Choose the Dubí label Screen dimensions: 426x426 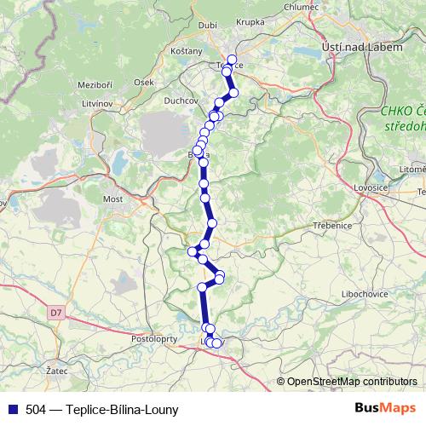pyautogui.click(x=207, y=26)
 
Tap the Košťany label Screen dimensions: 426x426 pyautogui.click(x=187, y=52)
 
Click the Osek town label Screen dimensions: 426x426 pyautogui.click(x=144, y=82)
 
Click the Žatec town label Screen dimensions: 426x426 pyautogui.click(x=58, y=372)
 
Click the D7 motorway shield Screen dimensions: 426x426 pyautogui.click(x=56, y=313)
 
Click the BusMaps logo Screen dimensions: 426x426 pyautogui.click(x=386, y=409)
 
